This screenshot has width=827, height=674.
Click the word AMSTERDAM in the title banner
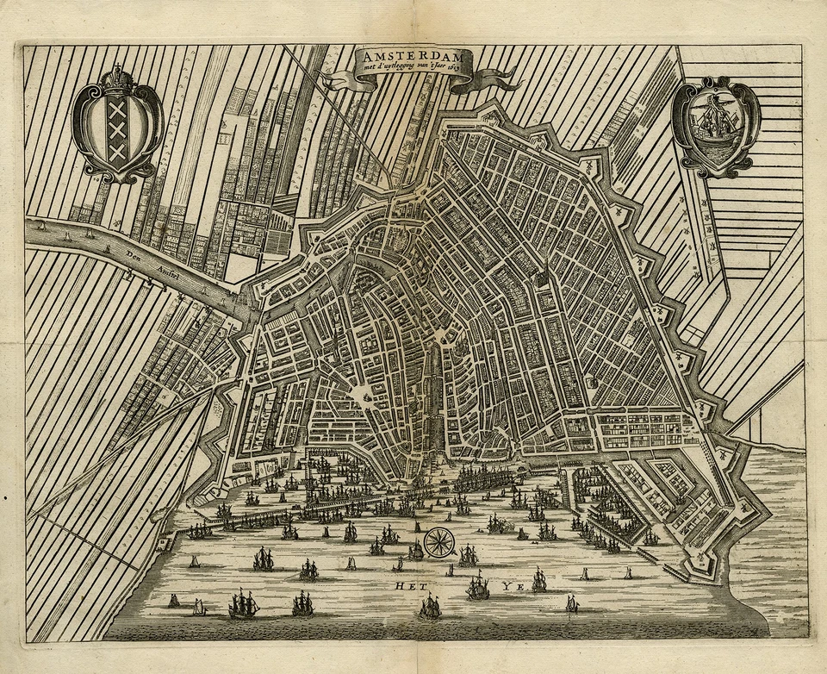coord(413,54)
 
